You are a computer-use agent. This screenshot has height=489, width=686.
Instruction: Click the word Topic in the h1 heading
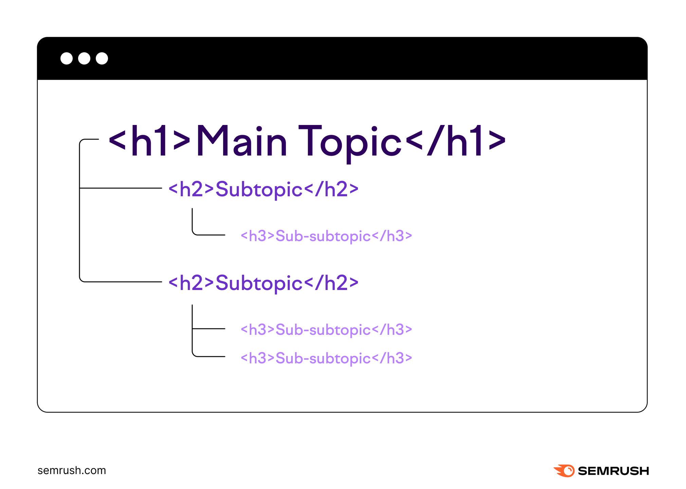point(350,143)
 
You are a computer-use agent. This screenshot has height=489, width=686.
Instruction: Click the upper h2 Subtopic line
point(264,189)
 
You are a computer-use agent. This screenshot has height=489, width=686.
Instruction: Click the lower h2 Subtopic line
point(264,283)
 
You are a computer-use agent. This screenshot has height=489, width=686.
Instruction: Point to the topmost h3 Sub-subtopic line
point(326,236)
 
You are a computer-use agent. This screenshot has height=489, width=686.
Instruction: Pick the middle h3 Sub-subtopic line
point(326,330)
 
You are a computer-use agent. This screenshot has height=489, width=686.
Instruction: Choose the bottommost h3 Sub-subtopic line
point(326,358)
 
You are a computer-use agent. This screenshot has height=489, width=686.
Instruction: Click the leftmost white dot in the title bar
point(67,58)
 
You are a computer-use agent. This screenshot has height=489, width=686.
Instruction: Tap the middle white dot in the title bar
point(84,58)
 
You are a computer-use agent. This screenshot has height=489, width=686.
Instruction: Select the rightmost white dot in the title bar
point(102,58)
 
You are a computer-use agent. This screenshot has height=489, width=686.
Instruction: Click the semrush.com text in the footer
point(72,471)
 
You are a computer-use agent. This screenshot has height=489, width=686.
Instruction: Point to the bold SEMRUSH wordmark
point(613,471)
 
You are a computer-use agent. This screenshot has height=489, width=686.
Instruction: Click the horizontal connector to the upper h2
point(121,188)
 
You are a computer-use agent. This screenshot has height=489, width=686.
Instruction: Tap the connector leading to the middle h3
point(209,329)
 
